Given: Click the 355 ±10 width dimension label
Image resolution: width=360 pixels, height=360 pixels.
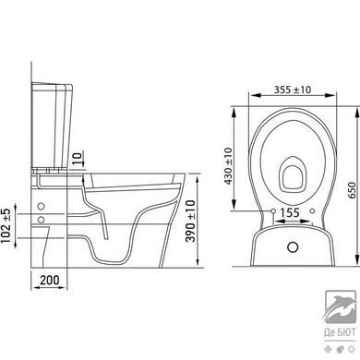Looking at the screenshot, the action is point(293,90).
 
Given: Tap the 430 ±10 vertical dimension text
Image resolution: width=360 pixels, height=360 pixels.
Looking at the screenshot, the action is point(228,166).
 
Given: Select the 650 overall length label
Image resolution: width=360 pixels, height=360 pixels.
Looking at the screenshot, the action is point(353,190).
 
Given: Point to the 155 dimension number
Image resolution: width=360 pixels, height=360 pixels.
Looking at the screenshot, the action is point(290,212).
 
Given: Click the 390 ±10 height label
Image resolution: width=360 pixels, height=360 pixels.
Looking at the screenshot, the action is point(190,221).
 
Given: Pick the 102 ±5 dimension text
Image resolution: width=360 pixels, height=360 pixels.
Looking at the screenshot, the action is point(6,225).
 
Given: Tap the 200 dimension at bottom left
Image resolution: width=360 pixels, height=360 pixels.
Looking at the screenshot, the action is point(50,280).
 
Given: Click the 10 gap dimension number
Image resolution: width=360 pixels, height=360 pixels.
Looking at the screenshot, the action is point(78,159).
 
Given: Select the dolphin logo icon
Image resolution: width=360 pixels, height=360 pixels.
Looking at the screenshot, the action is point(341,306).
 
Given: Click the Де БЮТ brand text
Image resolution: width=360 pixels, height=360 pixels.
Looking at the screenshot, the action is point(340,332).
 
